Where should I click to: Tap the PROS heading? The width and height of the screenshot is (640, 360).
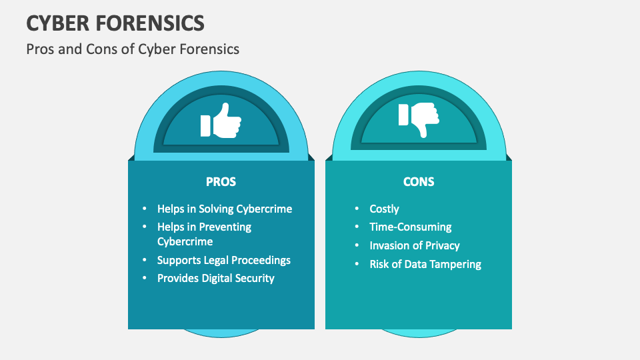[221, 181]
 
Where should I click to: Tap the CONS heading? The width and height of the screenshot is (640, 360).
[419, 181]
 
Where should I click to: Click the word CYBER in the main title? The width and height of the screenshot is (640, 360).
[59, 23]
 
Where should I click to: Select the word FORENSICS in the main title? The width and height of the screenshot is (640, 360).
[151, 23]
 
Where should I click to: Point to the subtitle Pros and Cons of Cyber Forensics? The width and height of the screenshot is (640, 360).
[132, 49]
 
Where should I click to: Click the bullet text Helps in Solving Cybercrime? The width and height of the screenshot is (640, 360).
[225, 209]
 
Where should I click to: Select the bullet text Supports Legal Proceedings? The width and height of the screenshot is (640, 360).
[224, 260]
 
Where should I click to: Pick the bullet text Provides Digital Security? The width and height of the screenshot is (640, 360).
[215, 278]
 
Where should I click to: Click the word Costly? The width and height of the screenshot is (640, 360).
[384, 209]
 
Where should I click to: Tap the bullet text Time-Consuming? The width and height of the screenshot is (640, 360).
[411, 227]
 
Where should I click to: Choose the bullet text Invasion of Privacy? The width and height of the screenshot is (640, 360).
[415, 245]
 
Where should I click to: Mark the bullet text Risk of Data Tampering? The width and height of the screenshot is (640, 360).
[425, 264]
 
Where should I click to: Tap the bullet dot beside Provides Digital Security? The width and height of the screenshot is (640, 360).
[144, 279]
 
